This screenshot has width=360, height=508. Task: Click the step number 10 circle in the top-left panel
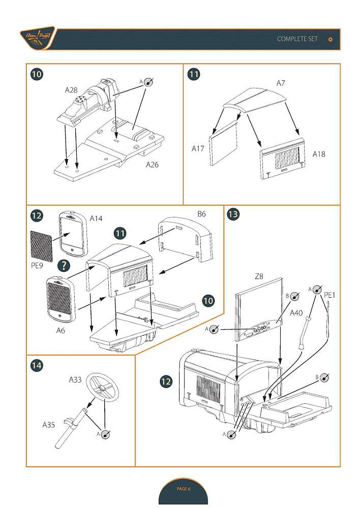pos(37,74)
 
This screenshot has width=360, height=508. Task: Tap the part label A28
pos(71,90)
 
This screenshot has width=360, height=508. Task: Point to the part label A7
pos(281,82)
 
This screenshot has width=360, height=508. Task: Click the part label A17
pos(198,149)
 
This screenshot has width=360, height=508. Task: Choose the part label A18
pos(319,153)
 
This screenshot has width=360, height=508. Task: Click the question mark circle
pos(64,265)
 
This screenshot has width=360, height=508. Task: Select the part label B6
pos(201,214)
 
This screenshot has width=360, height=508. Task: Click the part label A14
pos(96,218)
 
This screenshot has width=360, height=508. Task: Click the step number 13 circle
pos(233,214)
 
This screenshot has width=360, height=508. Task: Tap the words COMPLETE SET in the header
pos(297,39)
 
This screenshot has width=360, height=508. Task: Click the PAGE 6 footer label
pos(183,489)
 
